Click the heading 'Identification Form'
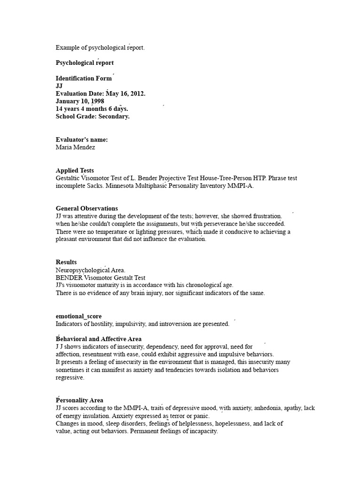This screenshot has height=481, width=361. point(84,78)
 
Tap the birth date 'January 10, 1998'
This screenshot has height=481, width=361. point(80,101)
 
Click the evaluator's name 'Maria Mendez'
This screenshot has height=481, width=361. point(75,147)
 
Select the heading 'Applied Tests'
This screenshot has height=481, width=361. point(75,171)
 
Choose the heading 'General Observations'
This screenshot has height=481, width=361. point(87,208)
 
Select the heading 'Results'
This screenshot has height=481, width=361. point(66,262)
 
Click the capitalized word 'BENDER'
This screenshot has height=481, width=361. point(69,277)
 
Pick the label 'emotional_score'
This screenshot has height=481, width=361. point(78,316)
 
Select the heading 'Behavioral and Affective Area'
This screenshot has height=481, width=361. point(99,339)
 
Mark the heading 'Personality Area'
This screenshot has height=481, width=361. point(79,400)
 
